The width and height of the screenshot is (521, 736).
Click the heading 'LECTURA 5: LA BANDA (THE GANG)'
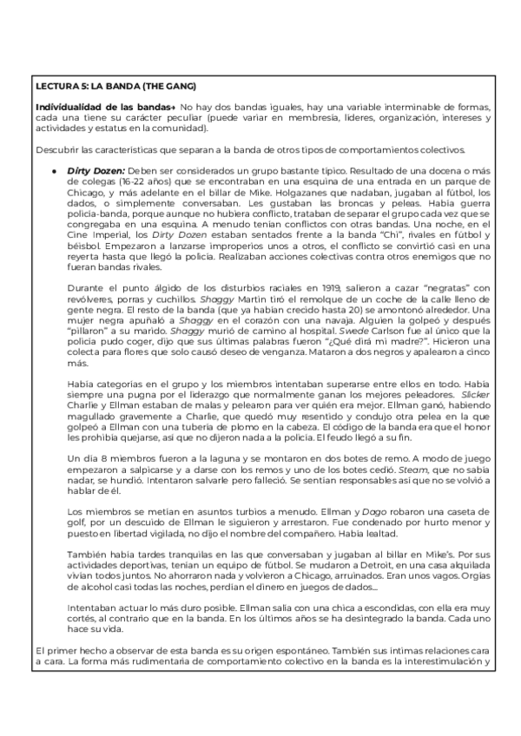115,86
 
